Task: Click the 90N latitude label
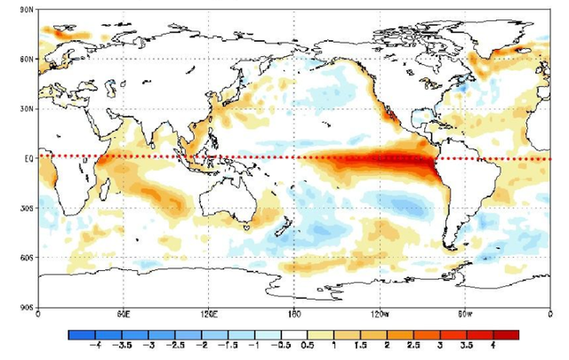pyautogui.click(x=26, y=9)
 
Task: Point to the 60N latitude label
pyautogui.click(x=26, y=59)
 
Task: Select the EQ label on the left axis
pyautogui.click(x=28, y=158)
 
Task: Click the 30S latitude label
pyautogui.click(x=26, y=208)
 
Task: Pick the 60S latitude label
pyautogui.click(x=26, y=258)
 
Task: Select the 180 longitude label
pyautogui.click(x=294, y=314)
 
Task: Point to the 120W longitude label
pyautogui.click(x=380, y=314)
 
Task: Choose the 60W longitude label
pyautogui.click(x=465, y=314)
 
